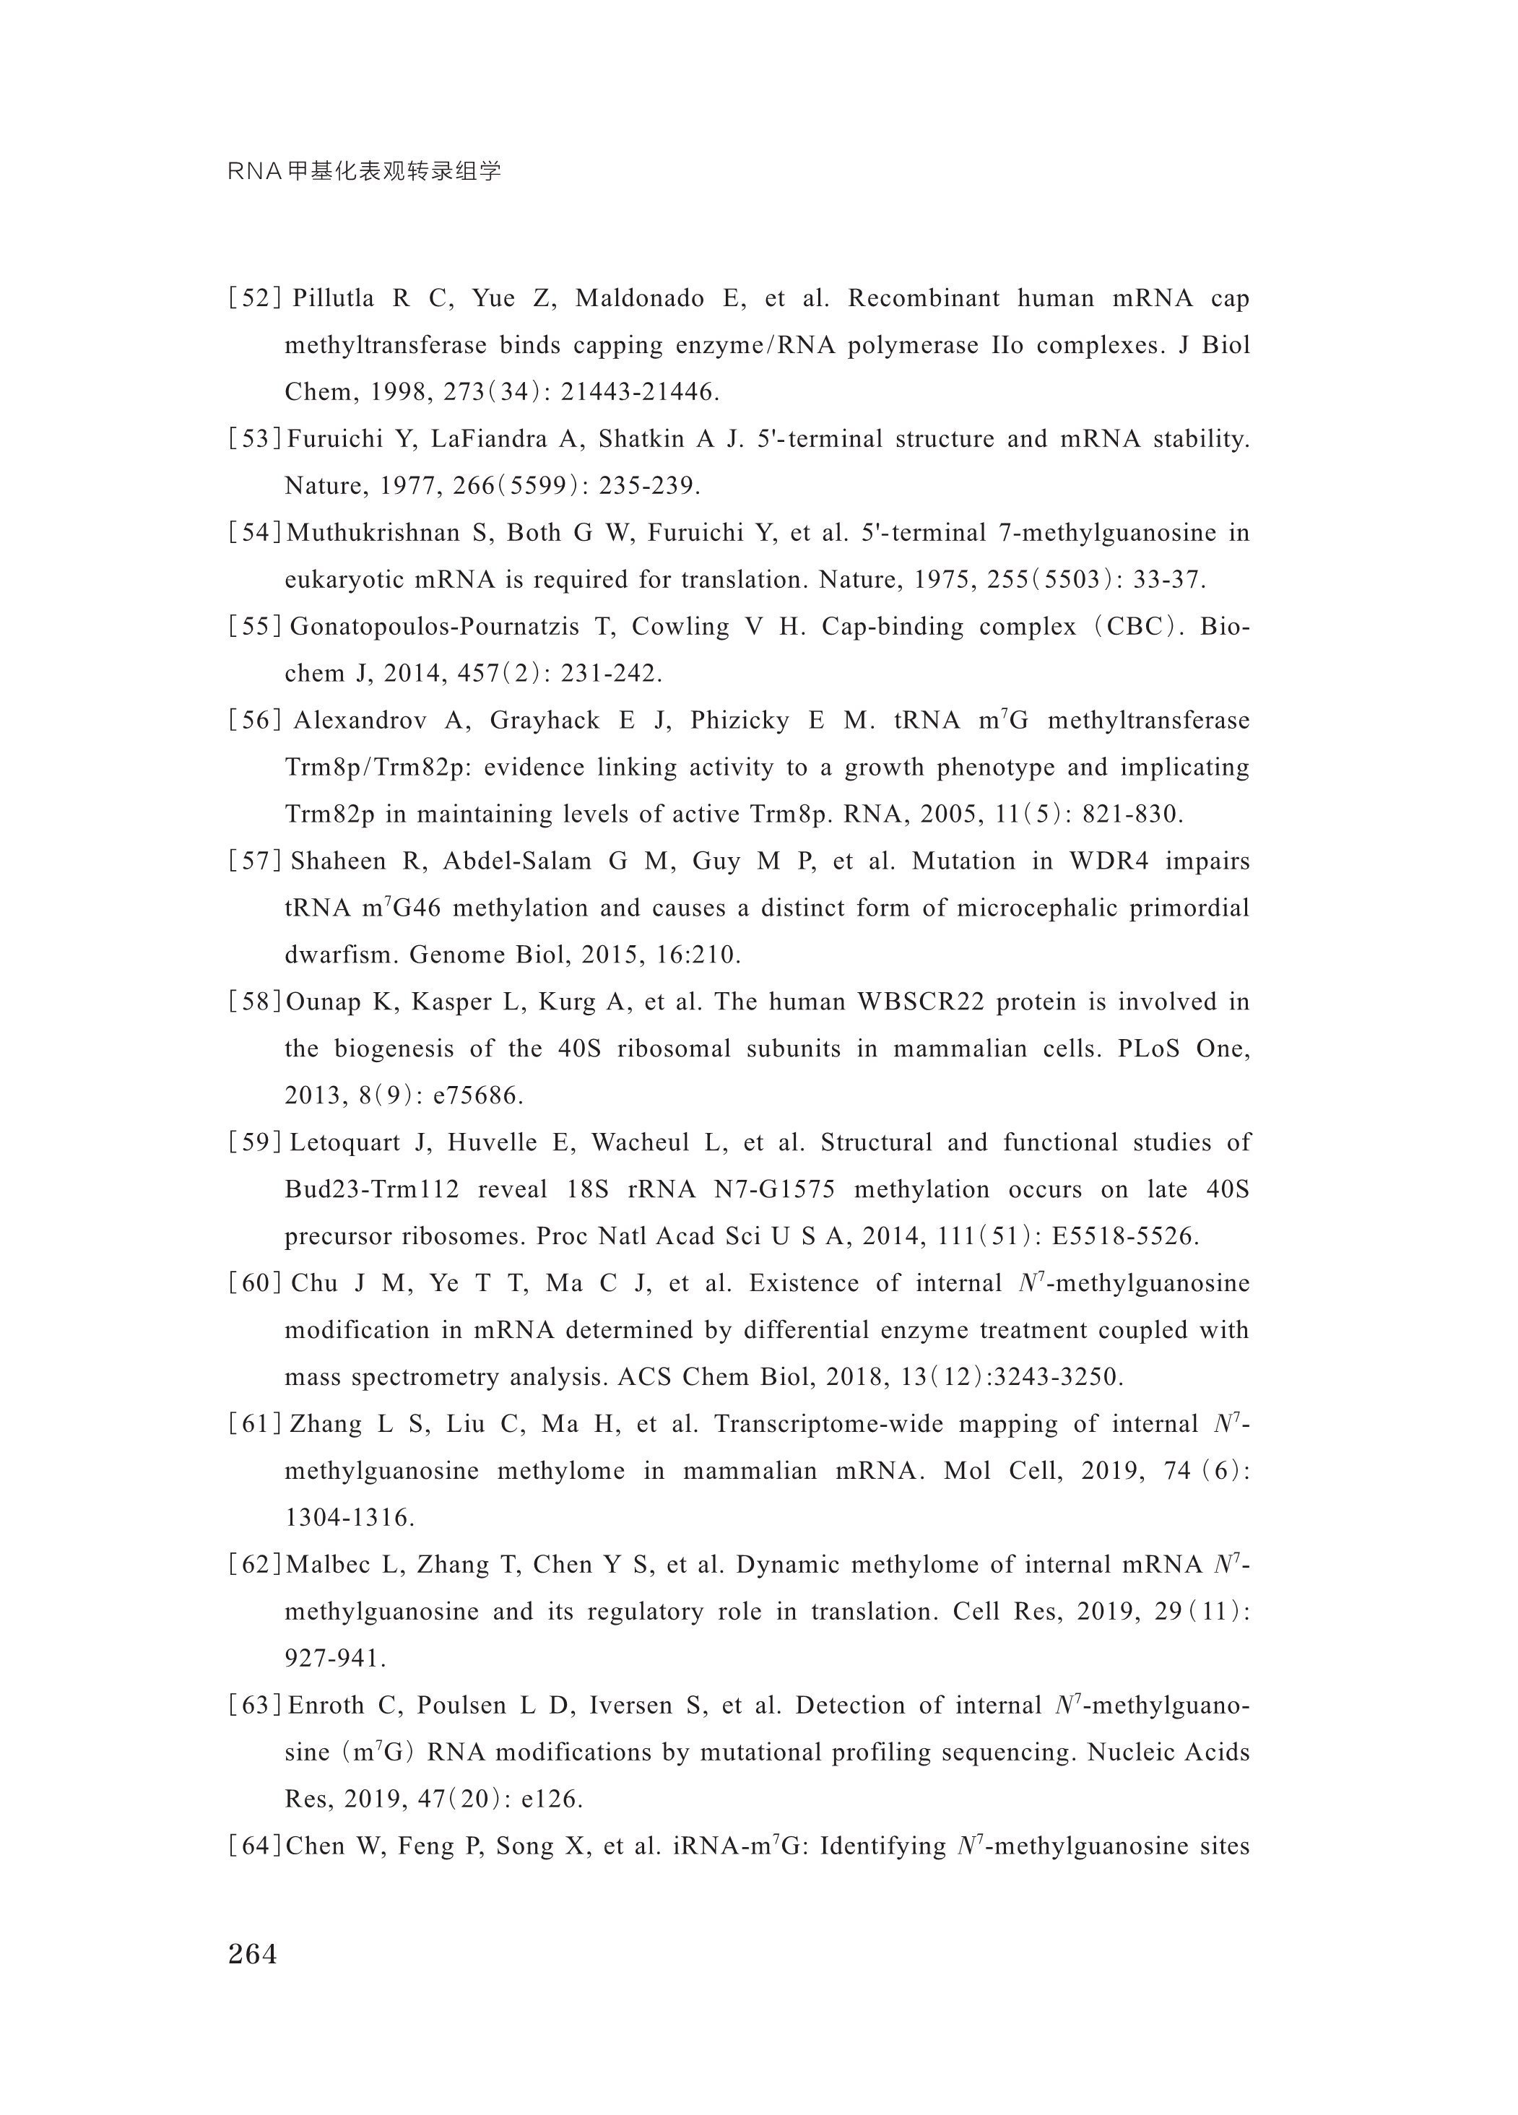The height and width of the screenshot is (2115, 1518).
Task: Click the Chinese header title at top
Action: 365,172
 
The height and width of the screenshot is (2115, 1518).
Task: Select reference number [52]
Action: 254,298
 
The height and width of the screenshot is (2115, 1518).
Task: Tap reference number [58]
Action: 254,1002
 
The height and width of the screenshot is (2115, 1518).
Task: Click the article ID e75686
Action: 477,1095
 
